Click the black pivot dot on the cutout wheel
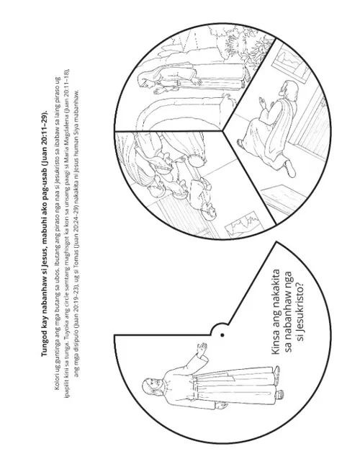tap(222, 335)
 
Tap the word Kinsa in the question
tap(276, 342)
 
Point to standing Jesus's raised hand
tap(203, 347)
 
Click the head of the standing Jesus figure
tap(151, 387)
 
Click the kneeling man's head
tap(289, 88)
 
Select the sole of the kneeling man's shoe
tap(290, 169)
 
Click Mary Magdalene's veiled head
tap(146, 80)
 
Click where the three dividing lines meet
tap(222, 130)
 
